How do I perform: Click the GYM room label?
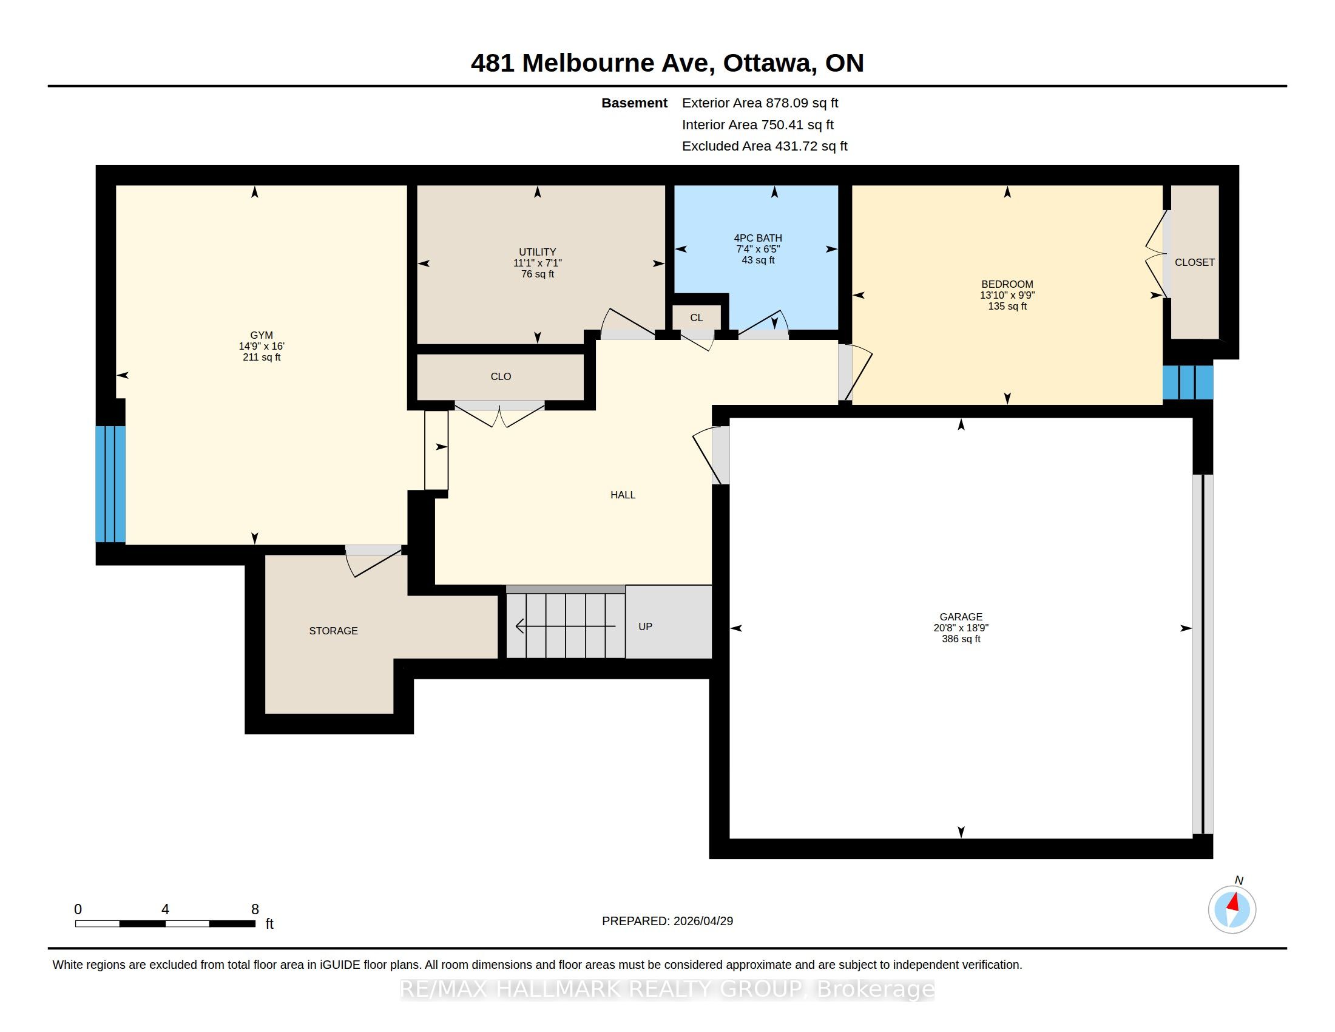tap(262, 335)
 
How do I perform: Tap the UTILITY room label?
tap(537, 252)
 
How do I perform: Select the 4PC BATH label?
tap(758, 238)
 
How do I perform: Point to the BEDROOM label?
tap(1007, 284)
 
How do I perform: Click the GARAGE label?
tap(961, 617)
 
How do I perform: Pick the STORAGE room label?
tap(333, 631)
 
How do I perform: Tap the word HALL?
tap(623, 495)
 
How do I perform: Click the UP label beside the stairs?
tap(646, 626)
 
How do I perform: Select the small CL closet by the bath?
tap(696, 318)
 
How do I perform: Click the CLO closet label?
tap(501, 376)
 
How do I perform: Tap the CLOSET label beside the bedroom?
tap(1194, 262)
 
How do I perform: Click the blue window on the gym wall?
tap(110, 484)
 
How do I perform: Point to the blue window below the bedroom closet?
tap(1188, 382)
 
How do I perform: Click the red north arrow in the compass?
tap(1234, 902)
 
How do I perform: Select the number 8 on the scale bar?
tap(255, 909)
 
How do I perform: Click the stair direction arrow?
tap(566, 626)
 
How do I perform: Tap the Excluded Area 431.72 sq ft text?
tap(765, 146)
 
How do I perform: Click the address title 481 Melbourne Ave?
tap(589, 63)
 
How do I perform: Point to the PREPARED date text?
tap(667, 921)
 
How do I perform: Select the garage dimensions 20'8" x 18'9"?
tap(961, 628)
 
